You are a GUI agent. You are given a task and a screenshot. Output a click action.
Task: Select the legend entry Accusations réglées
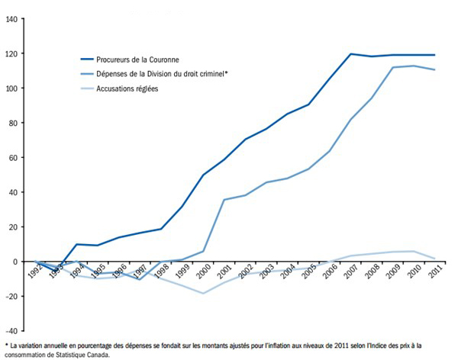point(137,88)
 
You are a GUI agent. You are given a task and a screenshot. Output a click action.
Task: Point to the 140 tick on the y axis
point(12,19)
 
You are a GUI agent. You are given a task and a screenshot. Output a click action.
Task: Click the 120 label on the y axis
point(12,53)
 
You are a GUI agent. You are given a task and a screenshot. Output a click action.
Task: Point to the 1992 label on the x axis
point(34,272)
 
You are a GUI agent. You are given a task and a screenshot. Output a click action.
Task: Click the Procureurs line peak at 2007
point(351,54)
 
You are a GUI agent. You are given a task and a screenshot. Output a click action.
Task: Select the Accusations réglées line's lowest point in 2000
point(203,293)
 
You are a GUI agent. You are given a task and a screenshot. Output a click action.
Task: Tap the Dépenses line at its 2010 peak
point(414,66)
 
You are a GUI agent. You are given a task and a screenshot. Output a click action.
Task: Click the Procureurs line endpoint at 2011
point(435,55)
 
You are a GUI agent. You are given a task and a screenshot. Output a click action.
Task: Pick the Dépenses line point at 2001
point(224,199)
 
